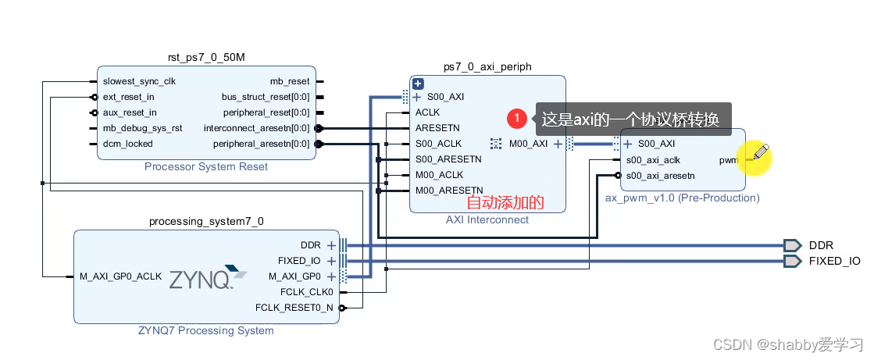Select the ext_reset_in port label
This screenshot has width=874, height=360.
[128, 97]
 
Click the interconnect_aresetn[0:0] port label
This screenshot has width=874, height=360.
[256, 128]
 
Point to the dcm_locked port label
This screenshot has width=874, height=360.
[127, 144]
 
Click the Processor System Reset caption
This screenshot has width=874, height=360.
[206, 166]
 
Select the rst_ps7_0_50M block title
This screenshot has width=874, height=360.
[206, 58]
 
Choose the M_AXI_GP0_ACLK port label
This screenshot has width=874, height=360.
[120, 276]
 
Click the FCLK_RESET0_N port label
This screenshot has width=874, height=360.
[294, 308]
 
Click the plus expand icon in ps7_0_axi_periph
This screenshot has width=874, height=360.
[418, 84]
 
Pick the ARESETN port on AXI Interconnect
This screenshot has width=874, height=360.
[437, 128]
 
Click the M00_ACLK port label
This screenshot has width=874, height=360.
[439, 175]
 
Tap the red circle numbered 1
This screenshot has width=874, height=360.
[516, 119]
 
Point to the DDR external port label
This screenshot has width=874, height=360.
[821, 245]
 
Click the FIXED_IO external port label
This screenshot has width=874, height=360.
[834, 261]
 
